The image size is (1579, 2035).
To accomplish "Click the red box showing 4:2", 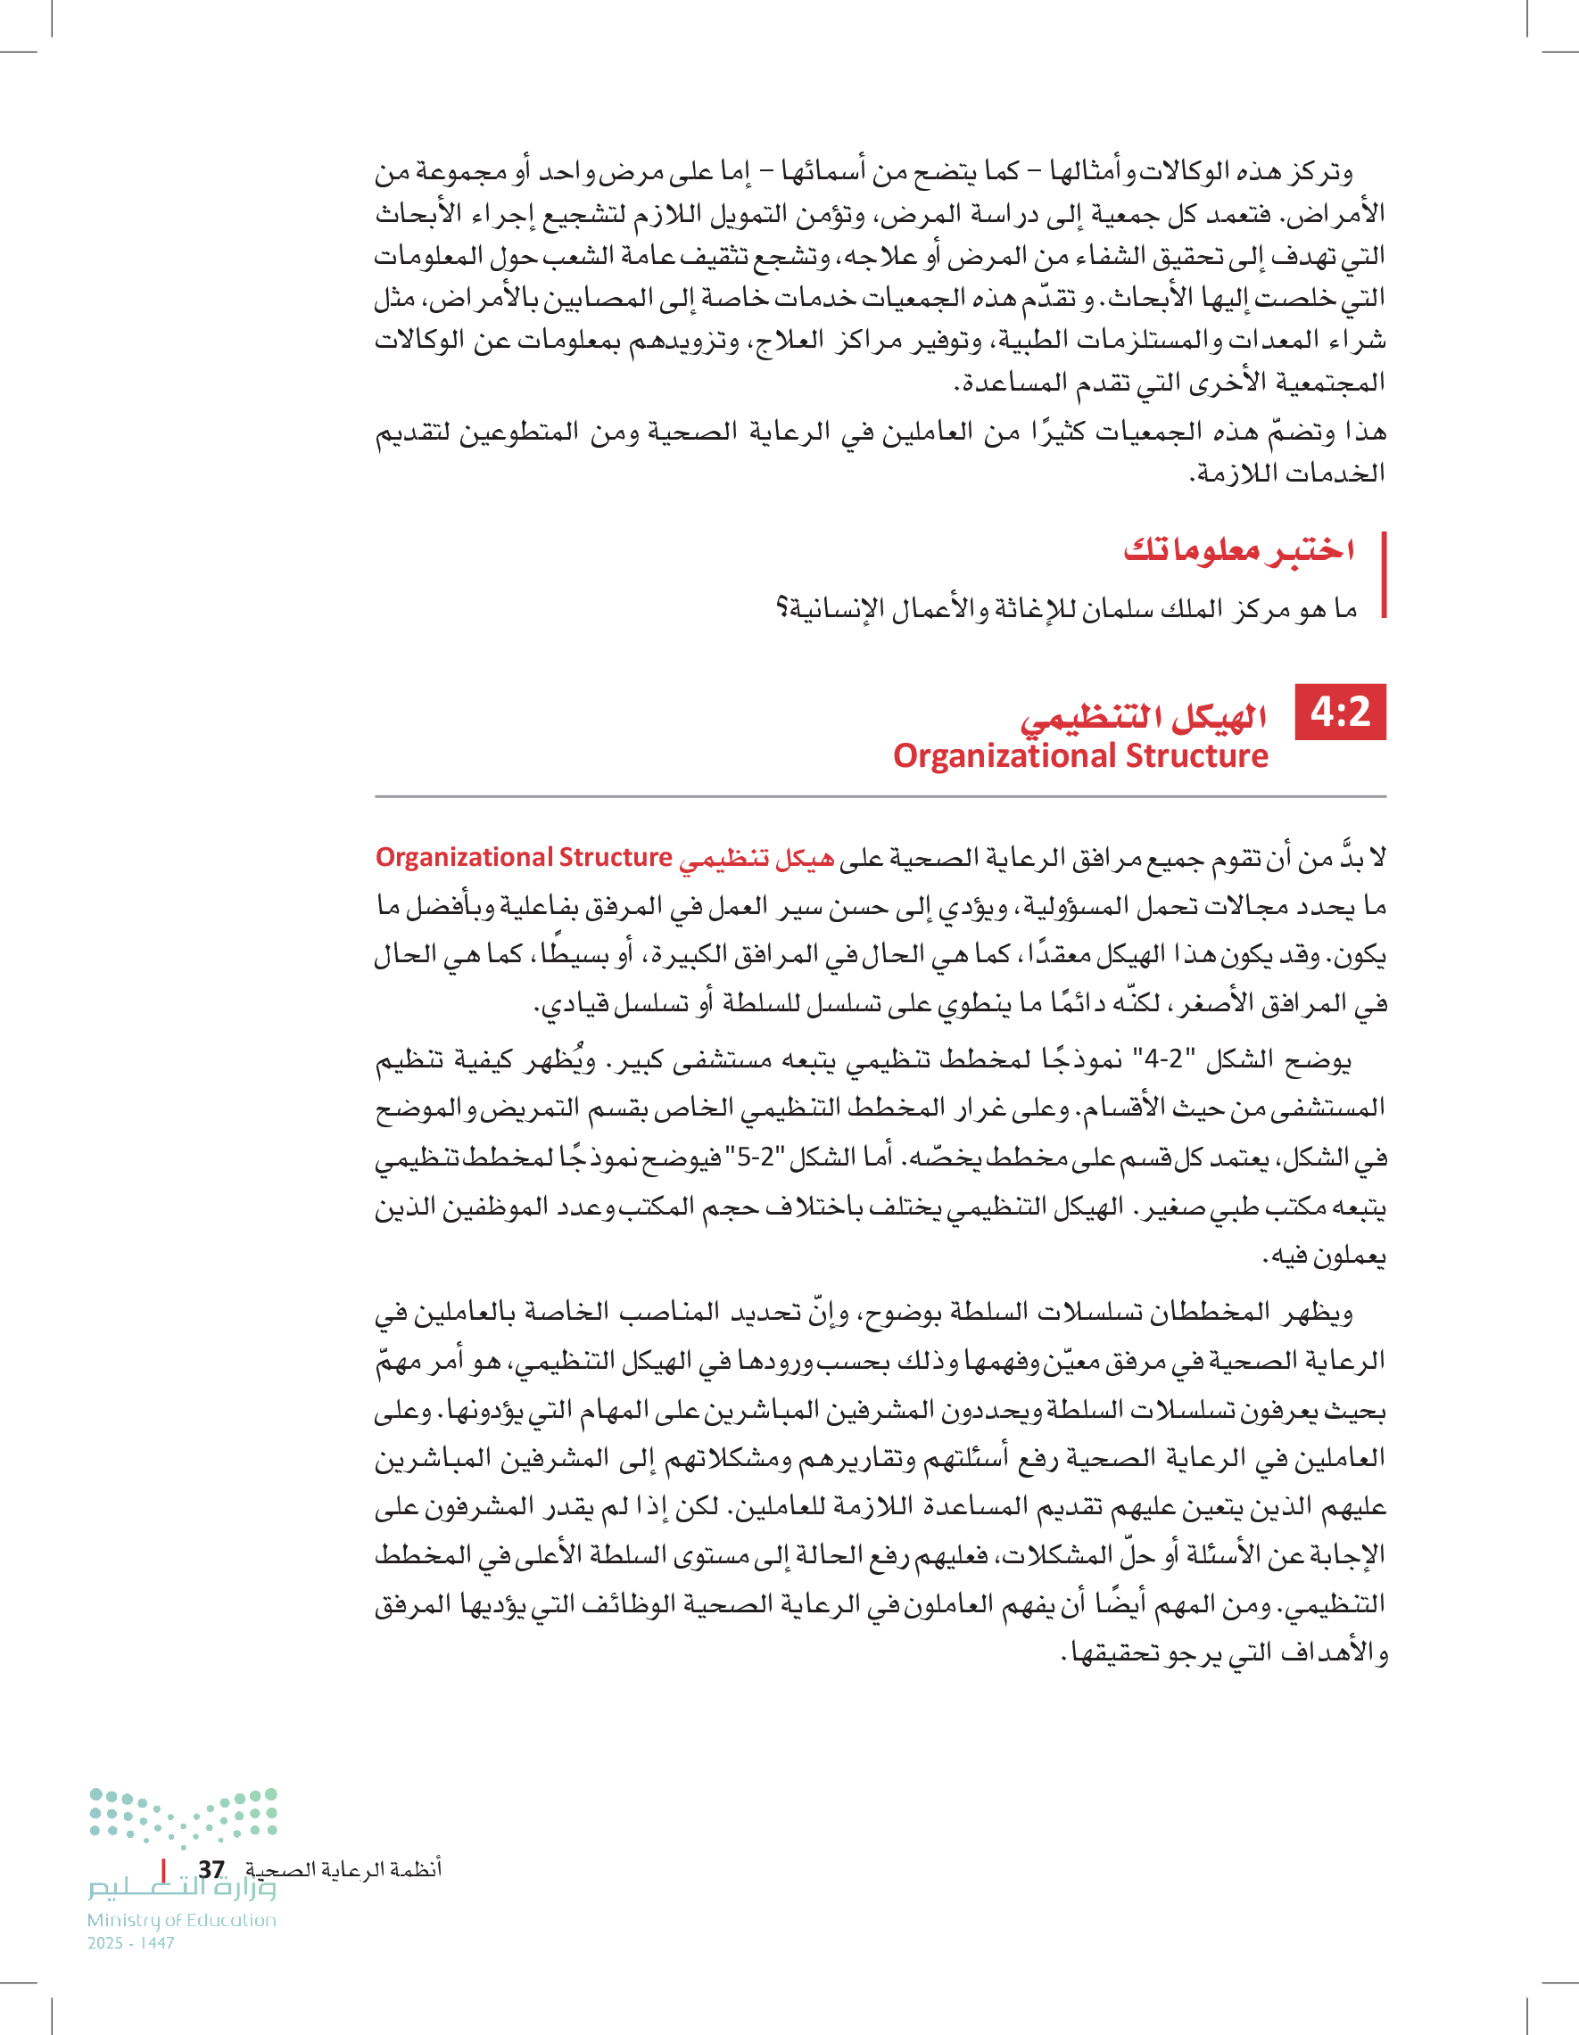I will click(x=1341, y=713).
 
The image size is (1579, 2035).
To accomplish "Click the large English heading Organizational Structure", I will click(x=1080, y=755).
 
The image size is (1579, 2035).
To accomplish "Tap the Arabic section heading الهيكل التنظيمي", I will click(x=1144, y=717).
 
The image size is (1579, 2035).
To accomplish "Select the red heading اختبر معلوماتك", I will click(x=1239, y=548).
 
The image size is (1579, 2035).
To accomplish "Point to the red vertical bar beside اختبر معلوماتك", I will click(x=1385, y=575).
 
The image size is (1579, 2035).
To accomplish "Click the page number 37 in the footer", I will click(x=211, y=1869).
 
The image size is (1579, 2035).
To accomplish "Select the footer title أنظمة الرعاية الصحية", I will click(x=343, y=1869).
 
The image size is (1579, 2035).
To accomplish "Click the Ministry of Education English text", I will click(x=182, y=1920).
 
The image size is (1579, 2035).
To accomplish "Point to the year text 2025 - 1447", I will click(x=131, y=1943).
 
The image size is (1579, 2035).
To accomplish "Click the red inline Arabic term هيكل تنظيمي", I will click(x=756, y=858).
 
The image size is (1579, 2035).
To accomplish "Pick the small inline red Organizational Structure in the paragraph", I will click(x=524, y=857).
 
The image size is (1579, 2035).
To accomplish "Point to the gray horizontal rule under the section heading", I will click(x=880, y=796).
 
